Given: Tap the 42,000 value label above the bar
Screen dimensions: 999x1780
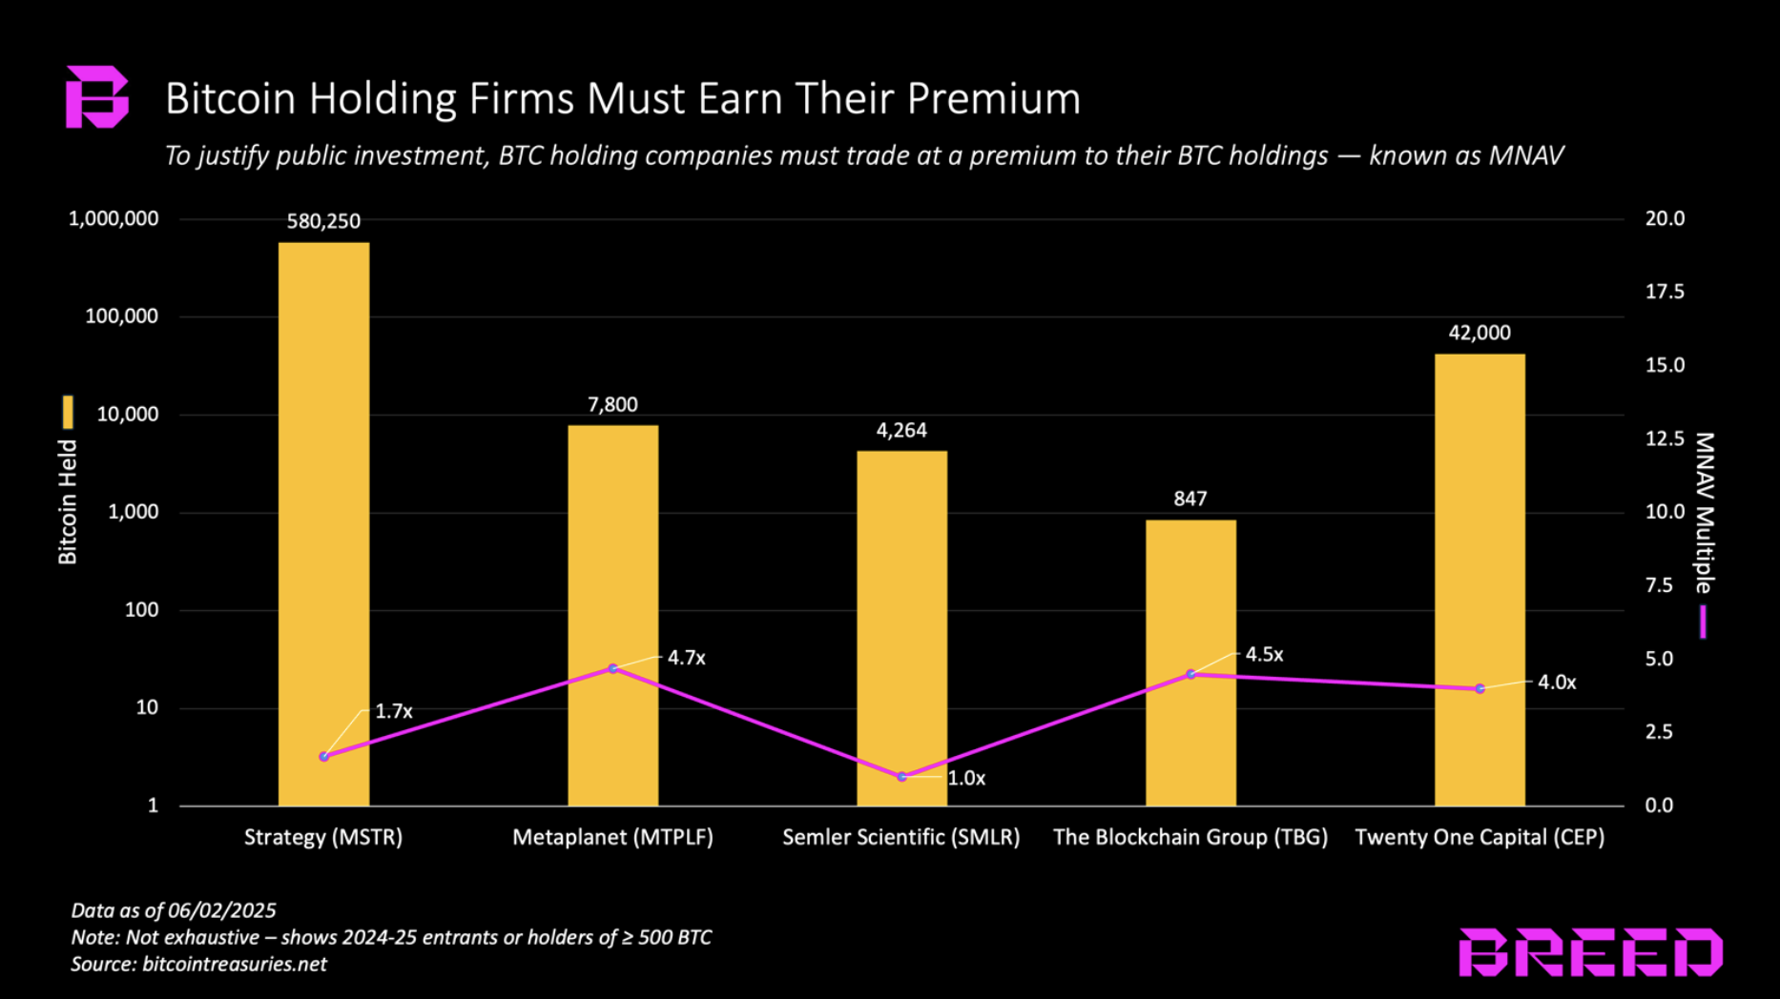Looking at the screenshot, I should click(1480, 333).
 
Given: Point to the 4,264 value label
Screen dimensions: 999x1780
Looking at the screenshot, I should click(901, 431).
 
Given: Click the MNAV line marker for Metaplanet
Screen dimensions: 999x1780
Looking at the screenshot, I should click(613, 669).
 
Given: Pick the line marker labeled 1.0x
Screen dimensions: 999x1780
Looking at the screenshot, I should click(902, 777).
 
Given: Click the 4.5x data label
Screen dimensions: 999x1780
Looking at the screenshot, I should click(1264, 655).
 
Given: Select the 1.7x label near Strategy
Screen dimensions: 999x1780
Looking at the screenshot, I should click(393, 711).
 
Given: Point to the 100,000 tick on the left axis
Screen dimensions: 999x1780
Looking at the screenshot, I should click(122, 316).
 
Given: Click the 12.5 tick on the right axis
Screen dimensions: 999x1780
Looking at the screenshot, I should click(1665, 438).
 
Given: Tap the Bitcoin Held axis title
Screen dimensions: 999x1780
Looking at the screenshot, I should click(68, 501).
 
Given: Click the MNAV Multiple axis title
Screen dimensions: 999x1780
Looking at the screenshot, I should click(1704, 513).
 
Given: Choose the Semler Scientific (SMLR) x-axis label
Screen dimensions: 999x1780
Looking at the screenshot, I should click(901, 837).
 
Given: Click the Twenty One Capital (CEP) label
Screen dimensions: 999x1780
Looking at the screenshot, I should click(1480, 837).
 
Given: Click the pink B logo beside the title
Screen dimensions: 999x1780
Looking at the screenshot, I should click(95, 97).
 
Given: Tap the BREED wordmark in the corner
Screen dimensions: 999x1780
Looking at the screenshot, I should click(1590, 952).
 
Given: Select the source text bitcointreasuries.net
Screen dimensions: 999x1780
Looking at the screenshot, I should click(235, 964).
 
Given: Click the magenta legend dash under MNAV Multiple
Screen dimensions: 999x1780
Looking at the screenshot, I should click(1703, 622).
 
